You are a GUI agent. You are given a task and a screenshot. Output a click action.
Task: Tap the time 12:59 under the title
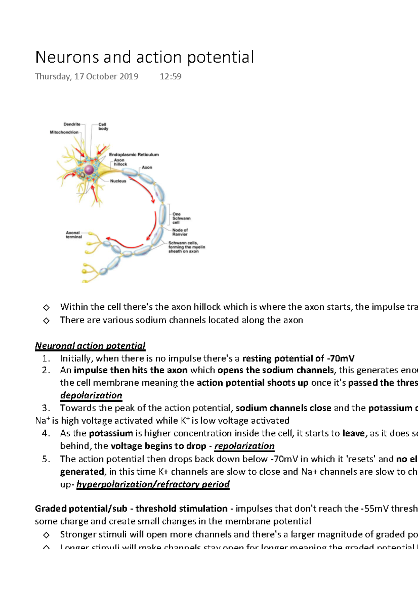(170, 77)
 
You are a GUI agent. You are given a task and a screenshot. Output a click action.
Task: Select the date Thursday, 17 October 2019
(86, 77)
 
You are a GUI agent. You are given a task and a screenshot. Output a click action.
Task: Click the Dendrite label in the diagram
(72, 124)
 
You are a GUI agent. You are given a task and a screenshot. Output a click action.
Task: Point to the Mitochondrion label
(64, 132)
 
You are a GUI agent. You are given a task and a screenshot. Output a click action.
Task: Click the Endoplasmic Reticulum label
(134, 155)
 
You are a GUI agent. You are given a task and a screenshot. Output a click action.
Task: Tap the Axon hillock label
(120, 162)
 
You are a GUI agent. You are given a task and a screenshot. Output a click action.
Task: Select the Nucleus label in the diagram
(118, 181)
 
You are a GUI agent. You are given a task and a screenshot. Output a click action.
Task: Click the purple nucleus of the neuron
(89, 170)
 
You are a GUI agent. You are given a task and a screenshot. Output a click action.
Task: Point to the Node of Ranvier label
(180, 232)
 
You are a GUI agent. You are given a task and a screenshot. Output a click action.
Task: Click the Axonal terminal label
(73, 235)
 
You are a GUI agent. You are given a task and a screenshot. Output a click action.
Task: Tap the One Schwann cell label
(181, 218)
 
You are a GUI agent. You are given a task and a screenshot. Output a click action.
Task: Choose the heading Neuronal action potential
(90, 346)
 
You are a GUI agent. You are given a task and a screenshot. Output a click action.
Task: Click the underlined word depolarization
(91, 395)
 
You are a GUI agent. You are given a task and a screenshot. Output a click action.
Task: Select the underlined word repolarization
(244, 446)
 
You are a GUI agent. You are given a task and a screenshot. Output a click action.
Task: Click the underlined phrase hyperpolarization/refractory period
(153, 484)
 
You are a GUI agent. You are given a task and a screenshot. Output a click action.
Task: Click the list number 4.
(46, 433)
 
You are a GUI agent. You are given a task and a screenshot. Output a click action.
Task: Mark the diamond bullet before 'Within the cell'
(46, 307)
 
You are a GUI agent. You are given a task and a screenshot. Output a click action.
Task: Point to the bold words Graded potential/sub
(81, 509)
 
